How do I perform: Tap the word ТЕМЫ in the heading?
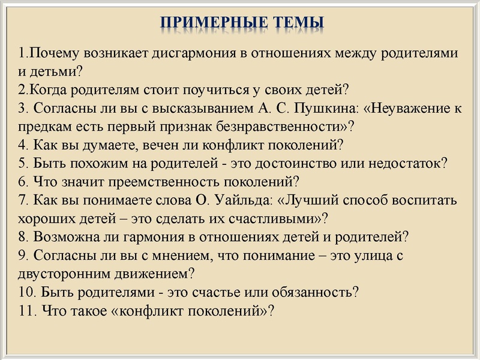295,22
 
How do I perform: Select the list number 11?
27,311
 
